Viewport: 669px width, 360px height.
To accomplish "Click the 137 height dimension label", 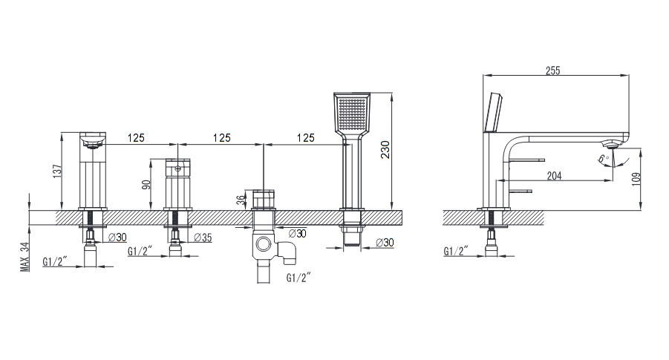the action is (x=58, y=171).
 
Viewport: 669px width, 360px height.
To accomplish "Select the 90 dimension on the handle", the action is (x=146, y=185).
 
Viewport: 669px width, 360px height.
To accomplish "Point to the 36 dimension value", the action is (x=241, y=200).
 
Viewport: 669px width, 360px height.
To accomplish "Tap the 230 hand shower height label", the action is (x=385, y=150).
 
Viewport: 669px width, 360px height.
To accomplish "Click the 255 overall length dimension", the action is (x=552, y=71).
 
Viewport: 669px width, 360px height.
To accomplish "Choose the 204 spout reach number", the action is (x=554, y=175).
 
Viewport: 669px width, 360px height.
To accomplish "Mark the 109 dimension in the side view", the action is (x=636, y=179).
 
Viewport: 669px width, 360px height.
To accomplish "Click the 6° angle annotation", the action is (x=604, y=159).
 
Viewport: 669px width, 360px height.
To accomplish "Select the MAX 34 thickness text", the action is (x=25, y=257).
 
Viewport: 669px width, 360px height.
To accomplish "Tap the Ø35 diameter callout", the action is (x=203, y=238).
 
